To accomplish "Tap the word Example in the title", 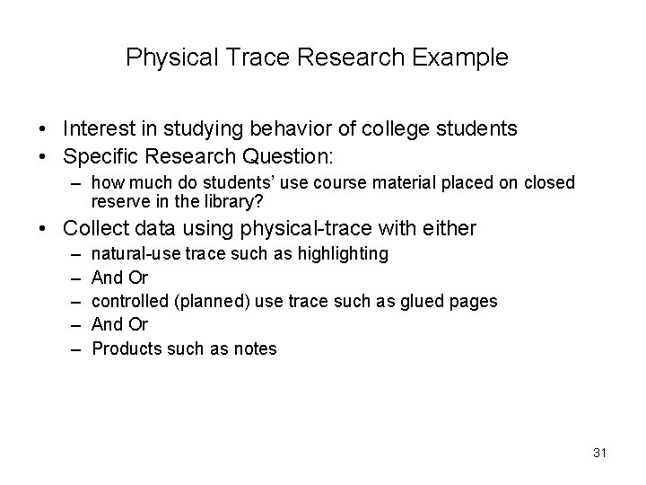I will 460,58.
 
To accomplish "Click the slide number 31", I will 599,453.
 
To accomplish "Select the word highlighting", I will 345,254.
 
